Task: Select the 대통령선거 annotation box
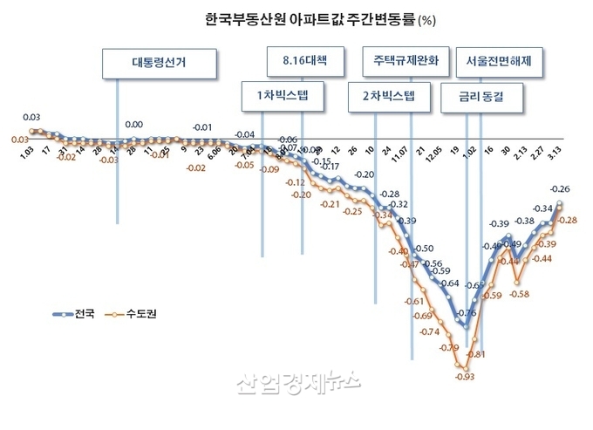tap(160, 63)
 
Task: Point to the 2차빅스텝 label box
tap(390, 97)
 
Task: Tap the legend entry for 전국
tap(77, 312)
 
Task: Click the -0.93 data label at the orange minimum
tap(464, 377)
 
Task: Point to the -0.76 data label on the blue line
tap(467, 313)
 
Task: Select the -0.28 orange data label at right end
tap(568, 220)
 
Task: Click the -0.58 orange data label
tap(519, 294)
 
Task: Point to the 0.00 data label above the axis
tap(133, 125)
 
